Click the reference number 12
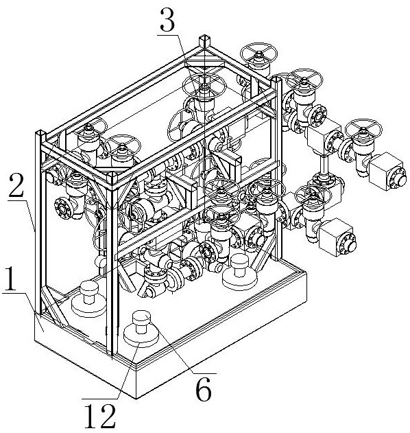click(x=100, y=416)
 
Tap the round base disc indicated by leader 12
click(x=141, y=336)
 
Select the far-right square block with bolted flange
click(x=387, y=171)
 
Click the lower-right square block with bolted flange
click(x=337, y=237)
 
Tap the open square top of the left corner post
click(x=40, y=134)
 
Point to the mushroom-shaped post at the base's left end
click(x=88, y=299)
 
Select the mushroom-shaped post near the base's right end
click(x=240, y=272)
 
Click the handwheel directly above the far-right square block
click(x=363, y=129)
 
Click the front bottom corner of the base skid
click(x=136, y=399)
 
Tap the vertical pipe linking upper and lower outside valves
click(x=324, y=165)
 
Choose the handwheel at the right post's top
click(x=304, y=78)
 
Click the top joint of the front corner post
click(x=112, y=180)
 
